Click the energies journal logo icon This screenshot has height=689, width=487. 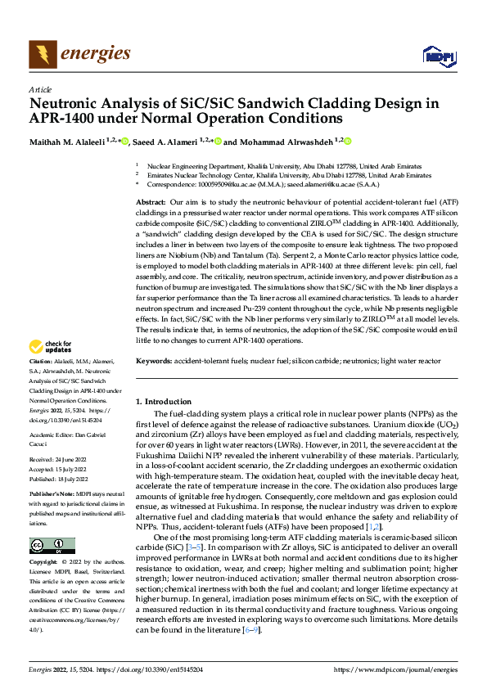[x=42, y=55]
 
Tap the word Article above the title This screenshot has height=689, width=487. [x=39, y=90]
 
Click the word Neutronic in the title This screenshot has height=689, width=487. [x=68, y=104]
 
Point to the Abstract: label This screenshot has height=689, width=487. [x=151, y=201]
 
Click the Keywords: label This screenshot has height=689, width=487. [x=154, y=361]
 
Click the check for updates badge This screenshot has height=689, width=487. [x=47, y=369]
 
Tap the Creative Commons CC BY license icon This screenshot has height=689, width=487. [x=52, y=546]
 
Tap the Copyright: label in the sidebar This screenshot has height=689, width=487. [x=44, y=564]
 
